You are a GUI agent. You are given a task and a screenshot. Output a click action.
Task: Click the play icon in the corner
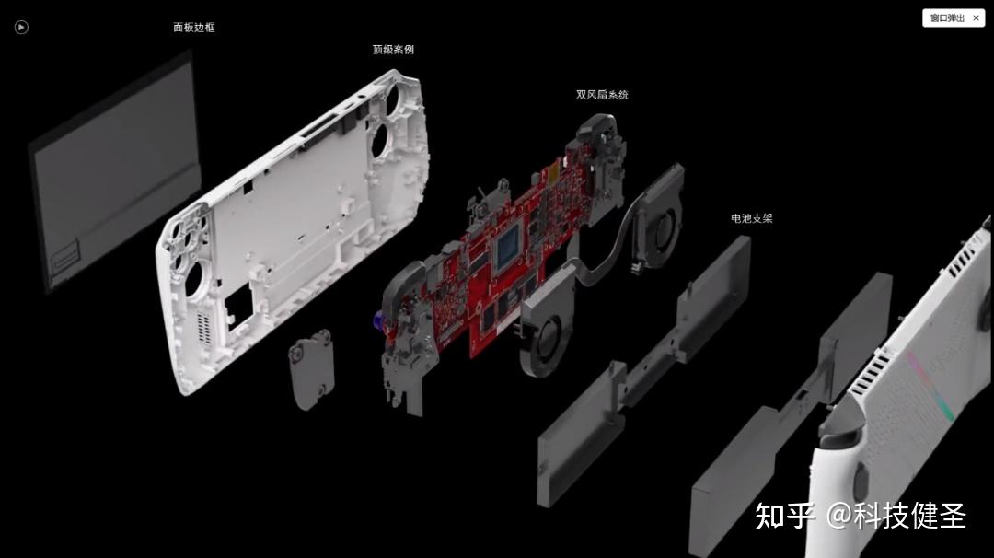(22, 28)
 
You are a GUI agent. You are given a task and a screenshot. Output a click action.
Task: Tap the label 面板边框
(193, 28)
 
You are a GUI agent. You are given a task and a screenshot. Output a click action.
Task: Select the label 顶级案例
(393, 50)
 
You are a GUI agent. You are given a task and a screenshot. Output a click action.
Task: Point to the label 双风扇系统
(602, 95)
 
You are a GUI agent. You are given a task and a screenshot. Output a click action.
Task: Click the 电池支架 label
(751, 219)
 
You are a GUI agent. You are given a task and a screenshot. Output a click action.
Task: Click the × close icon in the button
(976, 17)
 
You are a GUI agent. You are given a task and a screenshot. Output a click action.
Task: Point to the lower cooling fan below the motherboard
(547, 331)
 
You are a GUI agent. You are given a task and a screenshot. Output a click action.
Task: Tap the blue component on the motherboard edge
(377, 320)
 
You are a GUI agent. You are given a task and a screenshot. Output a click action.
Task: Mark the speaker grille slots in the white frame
(203, 328)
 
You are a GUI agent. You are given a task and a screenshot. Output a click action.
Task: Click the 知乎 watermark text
(784, 516)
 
